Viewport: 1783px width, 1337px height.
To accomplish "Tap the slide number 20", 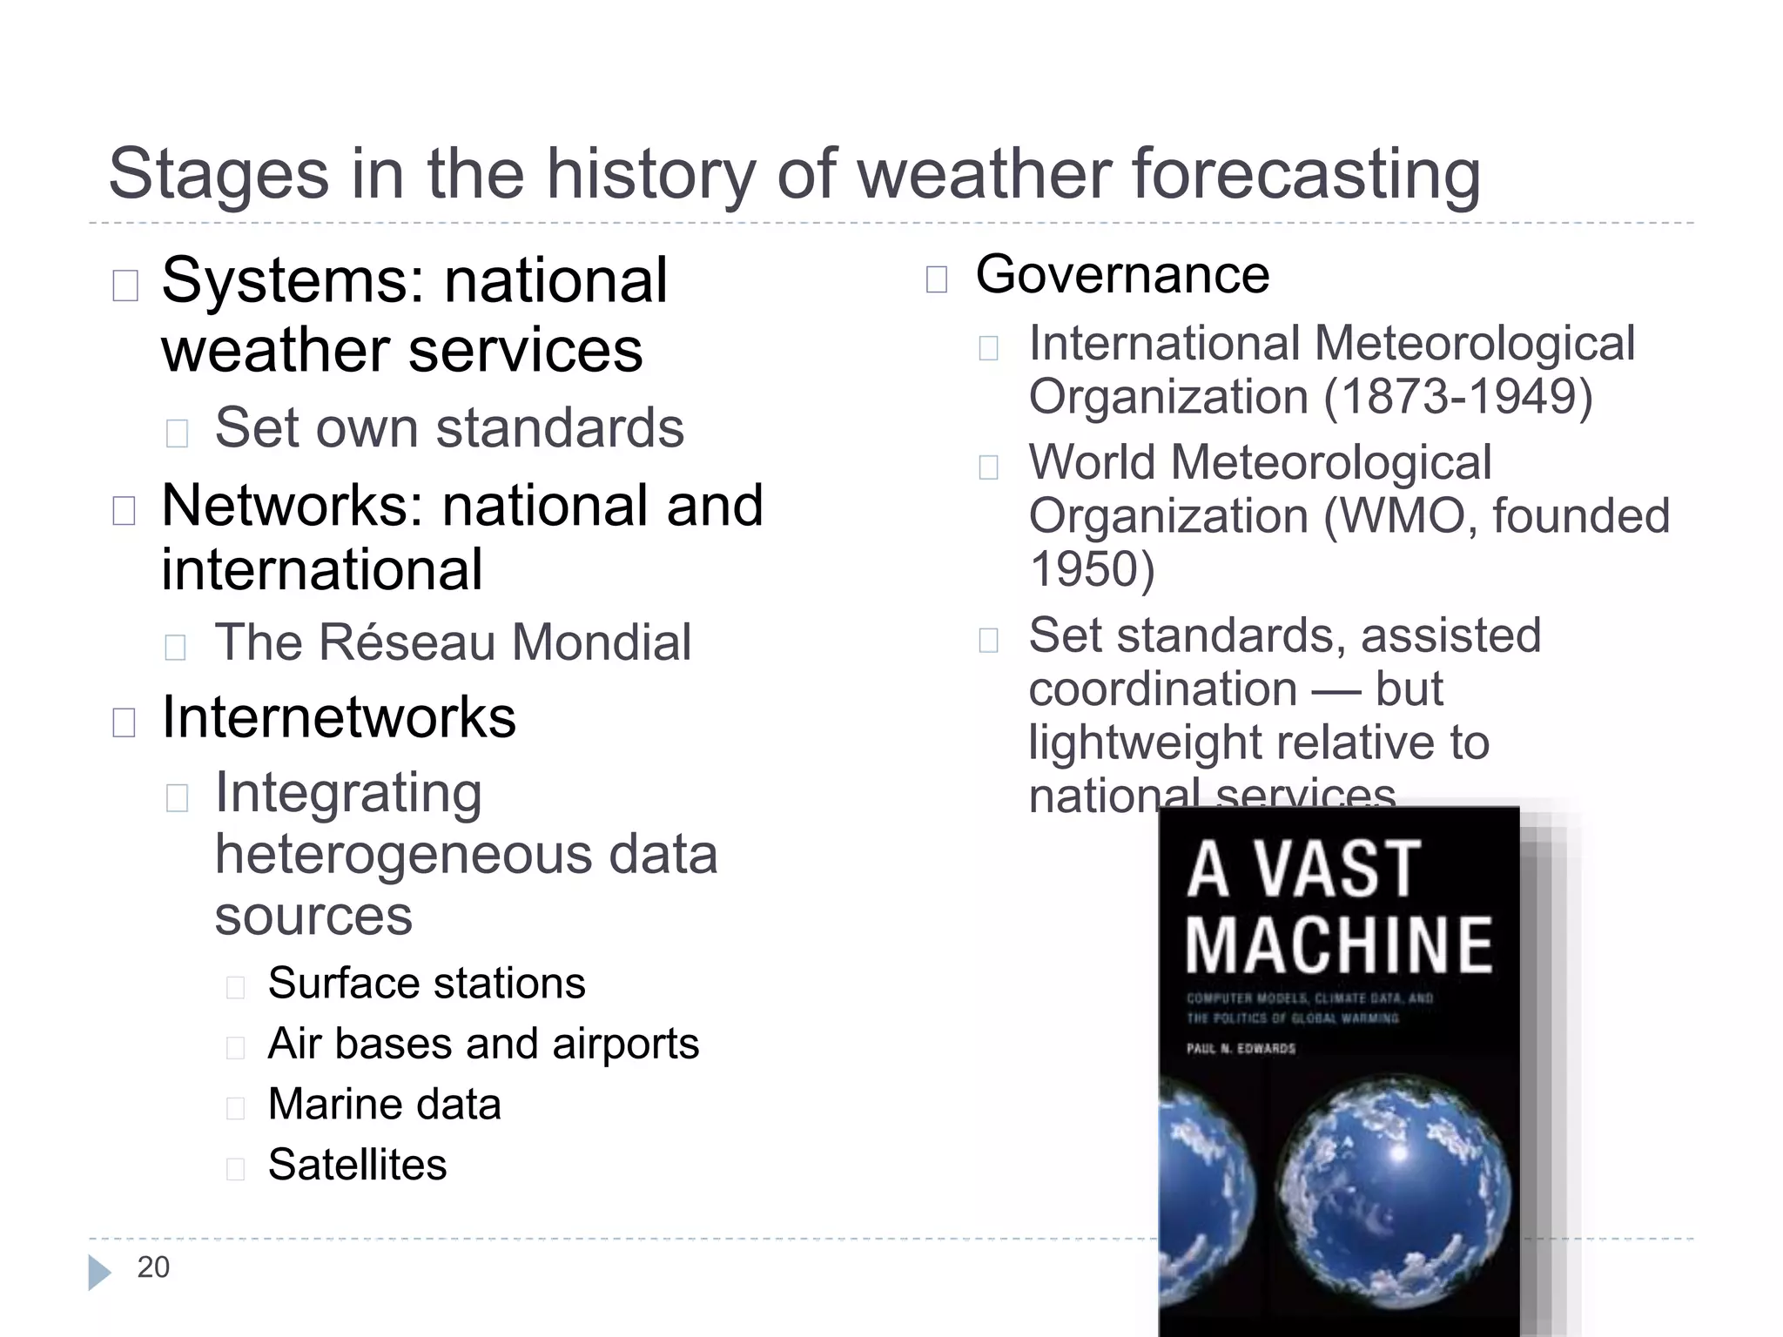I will point(153,1267).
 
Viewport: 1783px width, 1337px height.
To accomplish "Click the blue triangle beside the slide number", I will point(99,1273).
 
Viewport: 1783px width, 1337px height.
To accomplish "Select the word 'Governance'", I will point(1122,275).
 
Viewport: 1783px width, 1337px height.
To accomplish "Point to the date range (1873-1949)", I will point(1459,397).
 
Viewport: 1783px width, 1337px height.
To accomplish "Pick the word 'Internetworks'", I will point(339,717).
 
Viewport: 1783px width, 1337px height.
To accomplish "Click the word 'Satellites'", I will point(357,1165).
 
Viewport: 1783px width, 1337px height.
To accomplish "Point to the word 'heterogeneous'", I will point(403,854).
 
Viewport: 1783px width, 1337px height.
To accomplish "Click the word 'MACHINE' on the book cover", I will point(1339,945).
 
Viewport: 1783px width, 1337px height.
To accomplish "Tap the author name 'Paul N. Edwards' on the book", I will point(1241,1049).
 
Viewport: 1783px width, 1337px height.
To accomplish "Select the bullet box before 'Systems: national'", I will point(125,286).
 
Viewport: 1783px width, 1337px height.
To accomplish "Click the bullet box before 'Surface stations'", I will point(235,987).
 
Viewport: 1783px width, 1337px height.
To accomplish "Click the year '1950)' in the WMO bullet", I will point(1092,569).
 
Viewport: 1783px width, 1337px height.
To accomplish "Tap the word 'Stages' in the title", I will point(219,174).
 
